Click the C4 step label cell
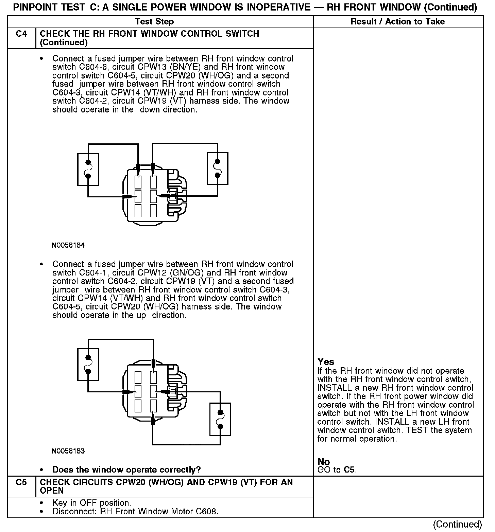[x=21, y=34]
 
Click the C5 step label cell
[x=21, y=482]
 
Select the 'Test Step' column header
[x=154, y=22]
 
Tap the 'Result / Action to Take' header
[x=397, y=22]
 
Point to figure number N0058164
[x=68, y=245]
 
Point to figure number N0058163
[x=68, y=451]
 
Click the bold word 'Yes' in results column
[x=326, y=362]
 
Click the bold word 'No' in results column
[x=324, y=462]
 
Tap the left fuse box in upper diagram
[x=88, y=169]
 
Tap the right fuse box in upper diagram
[x=218, y=169]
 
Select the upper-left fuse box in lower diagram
[x=88, y=364]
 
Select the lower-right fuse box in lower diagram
[x=220, y=419]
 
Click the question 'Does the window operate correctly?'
[x=126, y=470]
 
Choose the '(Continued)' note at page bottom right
[x=458, y=524]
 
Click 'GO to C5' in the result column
[x=337, y=470]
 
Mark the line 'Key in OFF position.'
[x=91, y=503]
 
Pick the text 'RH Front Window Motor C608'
[x=158, y=511]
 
